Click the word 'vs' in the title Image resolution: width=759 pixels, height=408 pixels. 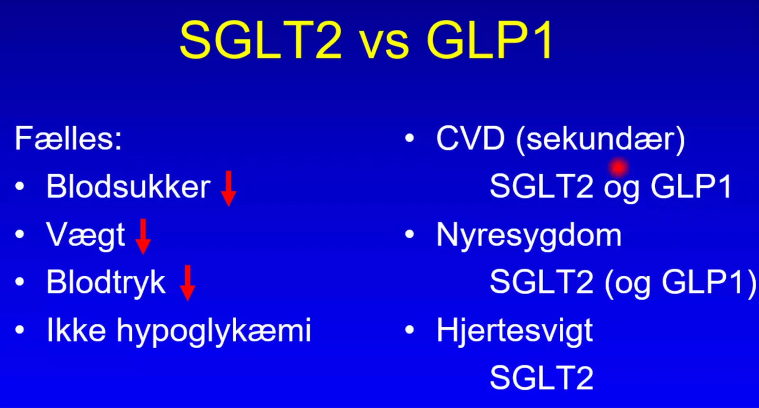[x=385, y=45]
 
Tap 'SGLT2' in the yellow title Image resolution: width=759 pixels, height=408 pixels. [x=261, y=40]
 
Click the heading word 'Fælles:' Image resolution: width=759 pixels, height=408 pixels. [x=68, y=138]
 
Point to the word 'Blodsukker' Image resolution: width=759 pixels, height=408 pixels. [x=129, y=186]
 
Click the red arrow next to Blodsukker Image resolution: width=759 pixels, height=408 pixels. [x=228, y=188]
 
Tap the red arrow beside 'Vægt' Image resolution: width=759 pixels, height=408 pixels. [x=143, y=237]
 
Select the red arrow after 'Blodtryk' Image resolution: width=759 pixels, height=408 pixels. [x=187, y=283]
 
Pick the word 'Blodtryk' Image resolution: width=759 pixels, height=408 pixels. [x=106, y=282]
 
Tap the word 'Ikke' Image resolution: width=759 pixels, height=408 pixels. [x=76, y=330]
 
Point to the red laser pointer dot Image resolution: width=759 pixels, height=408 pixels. [x=619, y=167]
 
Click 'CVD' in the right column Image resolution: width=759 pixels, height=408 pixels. [x=470, y=138]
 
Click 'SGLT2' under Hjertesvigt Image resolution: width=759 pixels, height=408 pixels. [x=541, y=378]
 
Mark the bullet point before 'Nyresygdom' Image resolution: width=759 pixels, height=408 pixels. [x=410, y=234]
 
